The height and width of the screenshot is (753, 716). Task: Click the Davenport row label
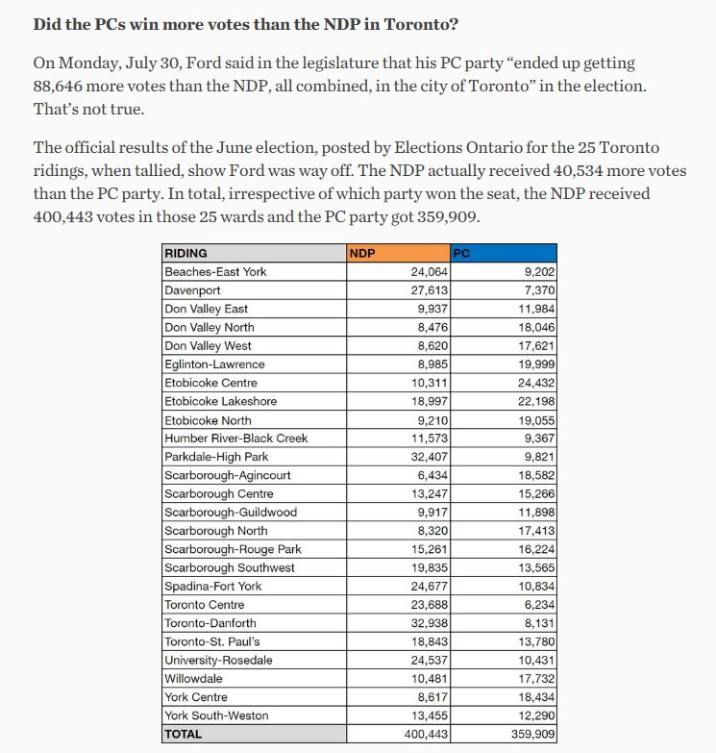point(192,289)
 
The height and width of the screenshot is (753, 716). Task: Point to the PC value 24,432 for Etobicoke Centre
point(531,383)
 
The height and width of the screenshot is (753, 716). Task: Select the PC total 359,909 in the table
point(528,734)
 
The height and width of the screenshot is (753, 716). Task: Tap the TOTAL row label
point(185,734)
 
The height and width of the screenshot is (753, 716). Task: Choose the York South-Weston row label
point(216,715)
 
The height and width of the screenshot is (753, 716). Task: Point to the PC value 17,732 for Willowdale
point(531,679)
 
